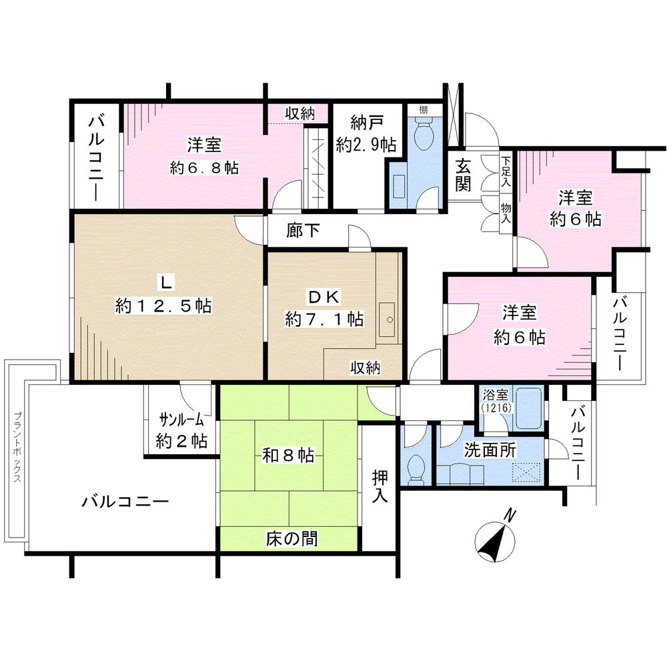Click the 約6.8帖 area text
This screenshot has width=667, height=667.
tap(204, 167)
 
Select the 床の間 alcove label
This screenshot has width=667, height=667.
tap(289, 538)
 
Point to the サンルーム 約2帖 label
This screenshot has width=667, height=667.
tap(182, 430)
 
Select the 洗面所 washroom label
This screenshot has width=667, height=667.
tap(490, 450)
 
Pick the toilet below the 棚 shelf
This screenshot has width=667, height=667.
tap(423, 137)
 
